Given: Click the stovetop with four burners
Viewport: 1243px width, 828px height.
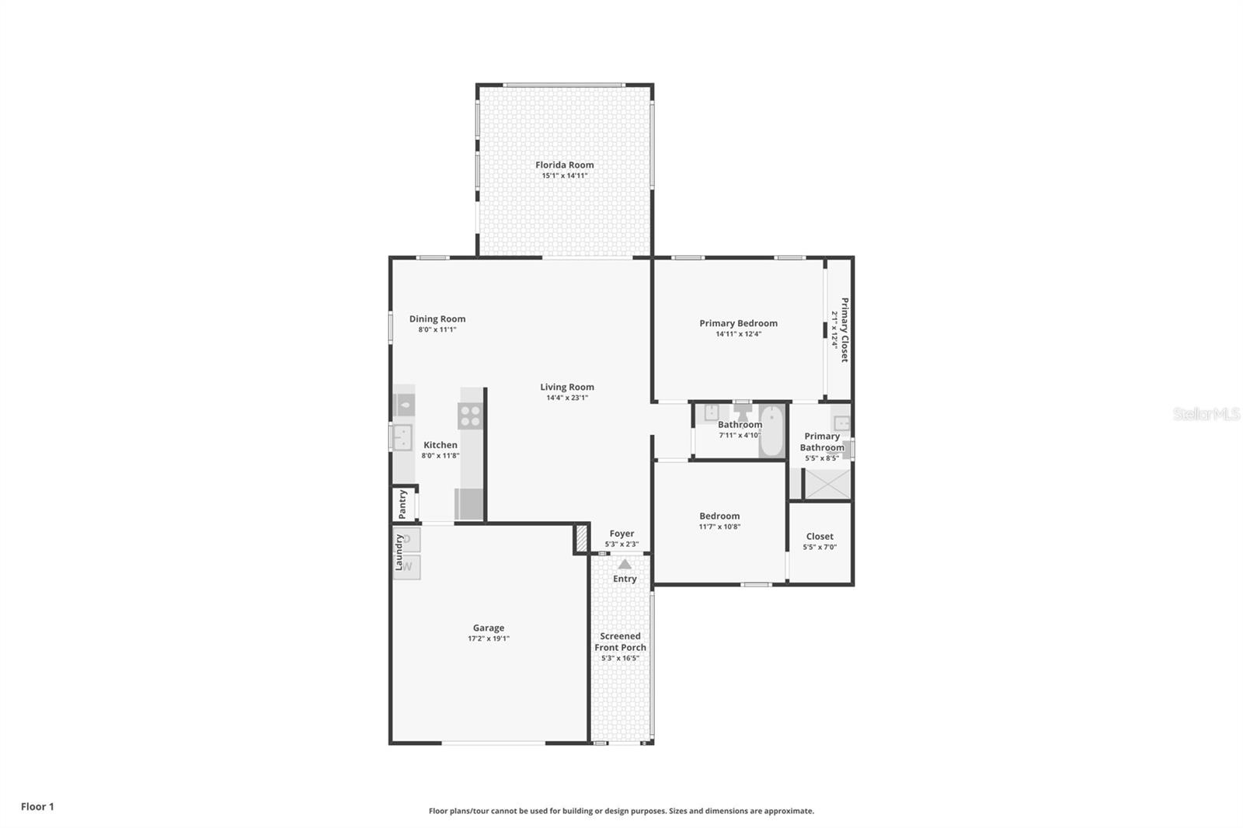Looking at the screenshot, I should pyautogui.click(x=470, y=416).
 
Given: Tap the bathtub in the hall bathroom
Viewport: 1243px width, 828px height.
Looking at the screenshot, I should pyautogui.click(x=772, y=430).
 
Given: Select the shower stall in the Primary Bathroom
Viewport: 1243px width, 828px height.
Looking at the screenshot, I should pyautogui.click(x=827, y=483).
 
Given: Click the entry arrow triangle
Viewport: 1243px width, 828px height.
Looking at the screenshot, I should pyautogui.click(x=625, y=565).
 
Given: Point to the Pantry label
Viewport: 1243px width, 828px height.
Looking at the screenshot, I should pyautogui.click(x=402, y=503).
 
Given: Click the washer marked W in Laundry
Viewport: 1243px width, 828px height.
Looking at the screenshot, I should pyautogui.click(x=408, y=567).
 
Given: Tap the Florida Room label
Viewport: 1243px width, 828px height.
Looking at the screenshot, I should pyautogui.click(x=565, y=165).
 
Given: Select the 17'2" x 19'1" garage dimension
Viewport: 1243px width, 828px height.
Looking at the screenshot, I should pyautogui.click(x=489, y=638).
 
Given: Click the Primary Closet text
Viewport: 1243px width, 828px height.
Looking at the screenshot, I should pyautogui.click(x=844, y=329).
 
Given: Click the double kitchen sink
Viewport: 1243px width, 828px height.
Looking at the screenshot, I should pyautogui.click(x=402, y=437).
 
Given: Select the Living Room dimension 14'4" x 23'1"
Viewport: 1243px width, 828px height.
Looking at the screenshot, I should pyautogui.click(x=567, y=398).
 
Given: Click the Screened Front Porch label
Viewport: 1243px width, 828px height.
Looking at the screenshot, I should pyautogui.click(x=621, y=642).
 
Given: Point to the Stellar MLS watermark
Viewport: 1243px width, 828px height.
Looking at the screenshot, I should pyautogui.click(x=1206, y=414).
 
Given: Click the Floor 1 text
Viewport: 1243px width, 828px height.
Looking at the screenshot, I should pyautogui.click(x=37, y=806).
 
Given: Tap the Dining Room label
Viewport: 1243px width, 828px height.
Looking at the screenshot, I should pyautogui.click(x=437, y=318).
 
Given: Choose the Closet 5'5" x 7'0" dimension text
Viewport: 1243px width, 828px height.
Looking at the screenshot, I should pyautogui.click(x=820, y=547).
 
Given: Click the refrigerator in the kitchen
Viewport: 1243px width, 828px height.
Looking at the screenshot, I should pyautogui.click(x=468, y=503).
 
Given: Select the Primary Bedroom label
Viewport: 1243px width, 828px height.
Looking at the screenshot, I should pyautogui.click(x=738, y=323).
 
